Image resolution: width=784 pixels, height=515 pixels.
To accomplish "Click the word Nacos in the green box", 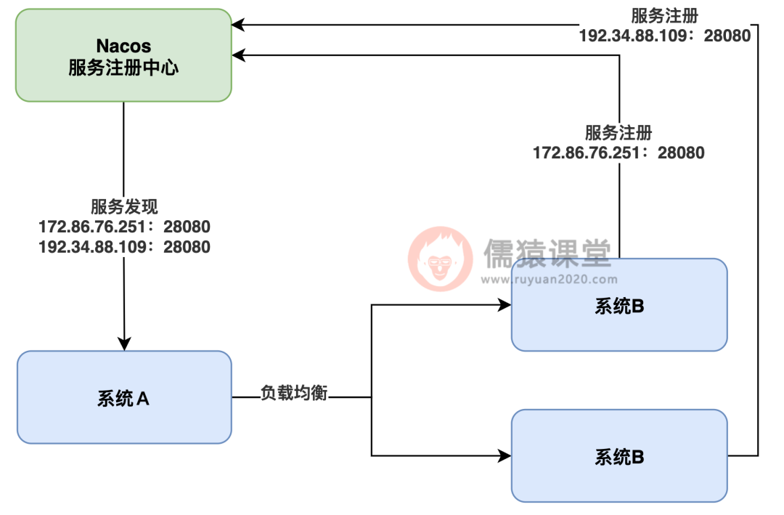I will click(x=123, y=46).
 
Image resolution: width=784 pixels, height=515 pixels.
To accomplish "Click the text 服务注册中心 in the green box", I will click(x=123, y=68).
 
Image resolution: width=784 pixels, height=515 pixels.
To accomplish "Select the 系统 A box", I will click(x=123, y=397).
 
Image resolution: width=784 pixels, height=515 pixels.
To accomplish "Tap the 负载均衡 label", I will click(x=294, y=394).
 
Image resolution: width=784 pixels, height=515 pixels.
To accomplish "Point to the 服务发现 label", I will click(x=123, y=206).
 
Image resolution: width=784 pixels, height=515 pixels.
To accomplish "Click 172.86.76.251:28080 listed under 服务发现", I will click(x=123, y=227).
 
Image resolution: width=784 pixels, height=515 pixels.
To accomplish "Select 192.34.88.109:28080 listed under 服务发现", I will click(x=123, y=247).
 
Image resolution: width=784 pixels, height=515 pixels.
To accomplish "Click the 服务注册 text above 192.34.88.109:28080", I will click(x=664, y=15).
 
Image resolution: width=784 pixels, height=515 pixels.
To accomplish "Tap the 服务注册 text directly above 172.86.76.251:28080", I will click(x=618, y=133).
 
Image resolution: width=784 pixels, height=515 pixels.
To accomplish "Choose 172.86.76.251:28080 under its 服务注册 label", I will click(x=618, y=153).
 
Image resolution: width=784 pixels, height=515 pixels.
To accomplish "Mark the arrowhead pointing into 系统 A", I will click(x=124, y=344).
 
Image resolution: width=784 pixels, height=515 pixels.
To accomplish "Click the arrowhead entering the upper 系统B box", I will click(x=505, y=306).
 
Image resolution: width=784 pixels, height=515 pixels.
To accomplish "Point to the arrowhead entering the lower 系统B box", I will click(x=505, y=456).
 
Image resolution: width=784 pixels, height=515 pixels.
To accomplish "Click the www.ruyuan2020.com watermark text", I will click(x=550, y=279).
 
